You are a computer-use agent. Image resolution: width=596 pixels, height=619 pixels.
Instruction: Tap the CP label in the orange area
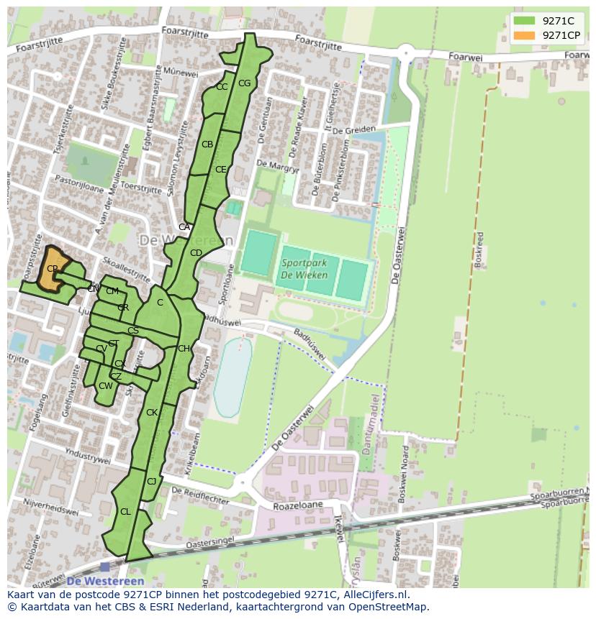[x=52, y=269]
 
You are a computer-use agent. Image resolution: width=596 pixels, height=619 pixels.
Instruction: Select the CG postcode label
[x=244, y=83]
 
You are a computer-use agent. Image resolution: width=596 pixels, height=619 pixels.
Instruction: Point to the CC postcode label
[x=222, y=87]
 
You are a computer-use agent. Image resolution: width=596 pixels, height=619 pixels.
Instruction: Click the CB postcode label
[x=207, y=145]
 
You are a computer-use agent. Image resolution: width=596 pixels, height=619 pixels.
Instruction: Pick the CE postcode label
[x=221, y=170]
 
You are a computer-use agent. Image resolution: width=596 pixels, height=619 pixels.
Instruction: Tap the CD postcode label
[x=196, y=253]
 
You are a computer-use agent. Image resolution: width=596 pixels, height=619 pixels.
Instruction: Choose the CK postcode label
[x=152, y=413]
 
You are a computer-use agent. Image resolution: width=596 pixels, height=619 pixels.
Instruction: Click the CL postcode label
[x=125, y=512]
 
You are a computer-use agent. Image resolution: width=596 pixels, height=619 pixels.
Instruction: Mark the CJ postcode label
[x=152, y=481]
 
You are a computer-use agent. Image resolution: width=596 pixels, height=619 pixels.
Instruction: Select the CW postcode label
[x=106, y=386]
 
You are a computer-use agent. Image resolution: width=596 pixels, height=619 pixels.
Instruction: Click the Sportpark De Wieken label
[x=304, y=269]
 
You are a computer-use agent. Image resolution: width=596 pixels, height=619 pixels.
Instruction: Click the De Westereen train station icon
[x=105, y=567]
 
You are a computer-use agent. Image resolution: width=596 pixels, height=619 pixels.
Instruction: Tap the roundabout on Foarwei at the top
[x=408, y=52]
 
